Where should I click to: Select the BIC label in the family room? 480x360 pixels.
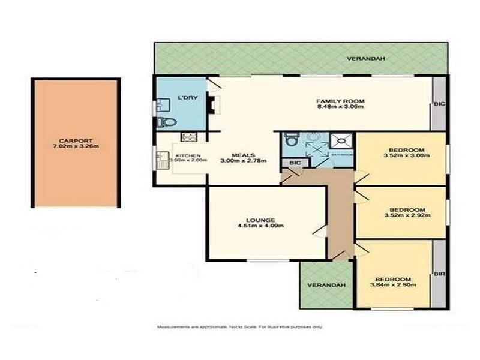[x=439, y=104]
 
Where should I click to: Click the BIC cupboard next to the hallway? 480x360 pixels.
[x=295, y=163]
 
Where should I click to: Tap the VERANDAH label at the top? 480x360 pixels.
[x=365, y=59]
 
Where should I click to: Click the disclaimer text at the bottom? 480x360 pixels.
[x=240, y=327]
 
